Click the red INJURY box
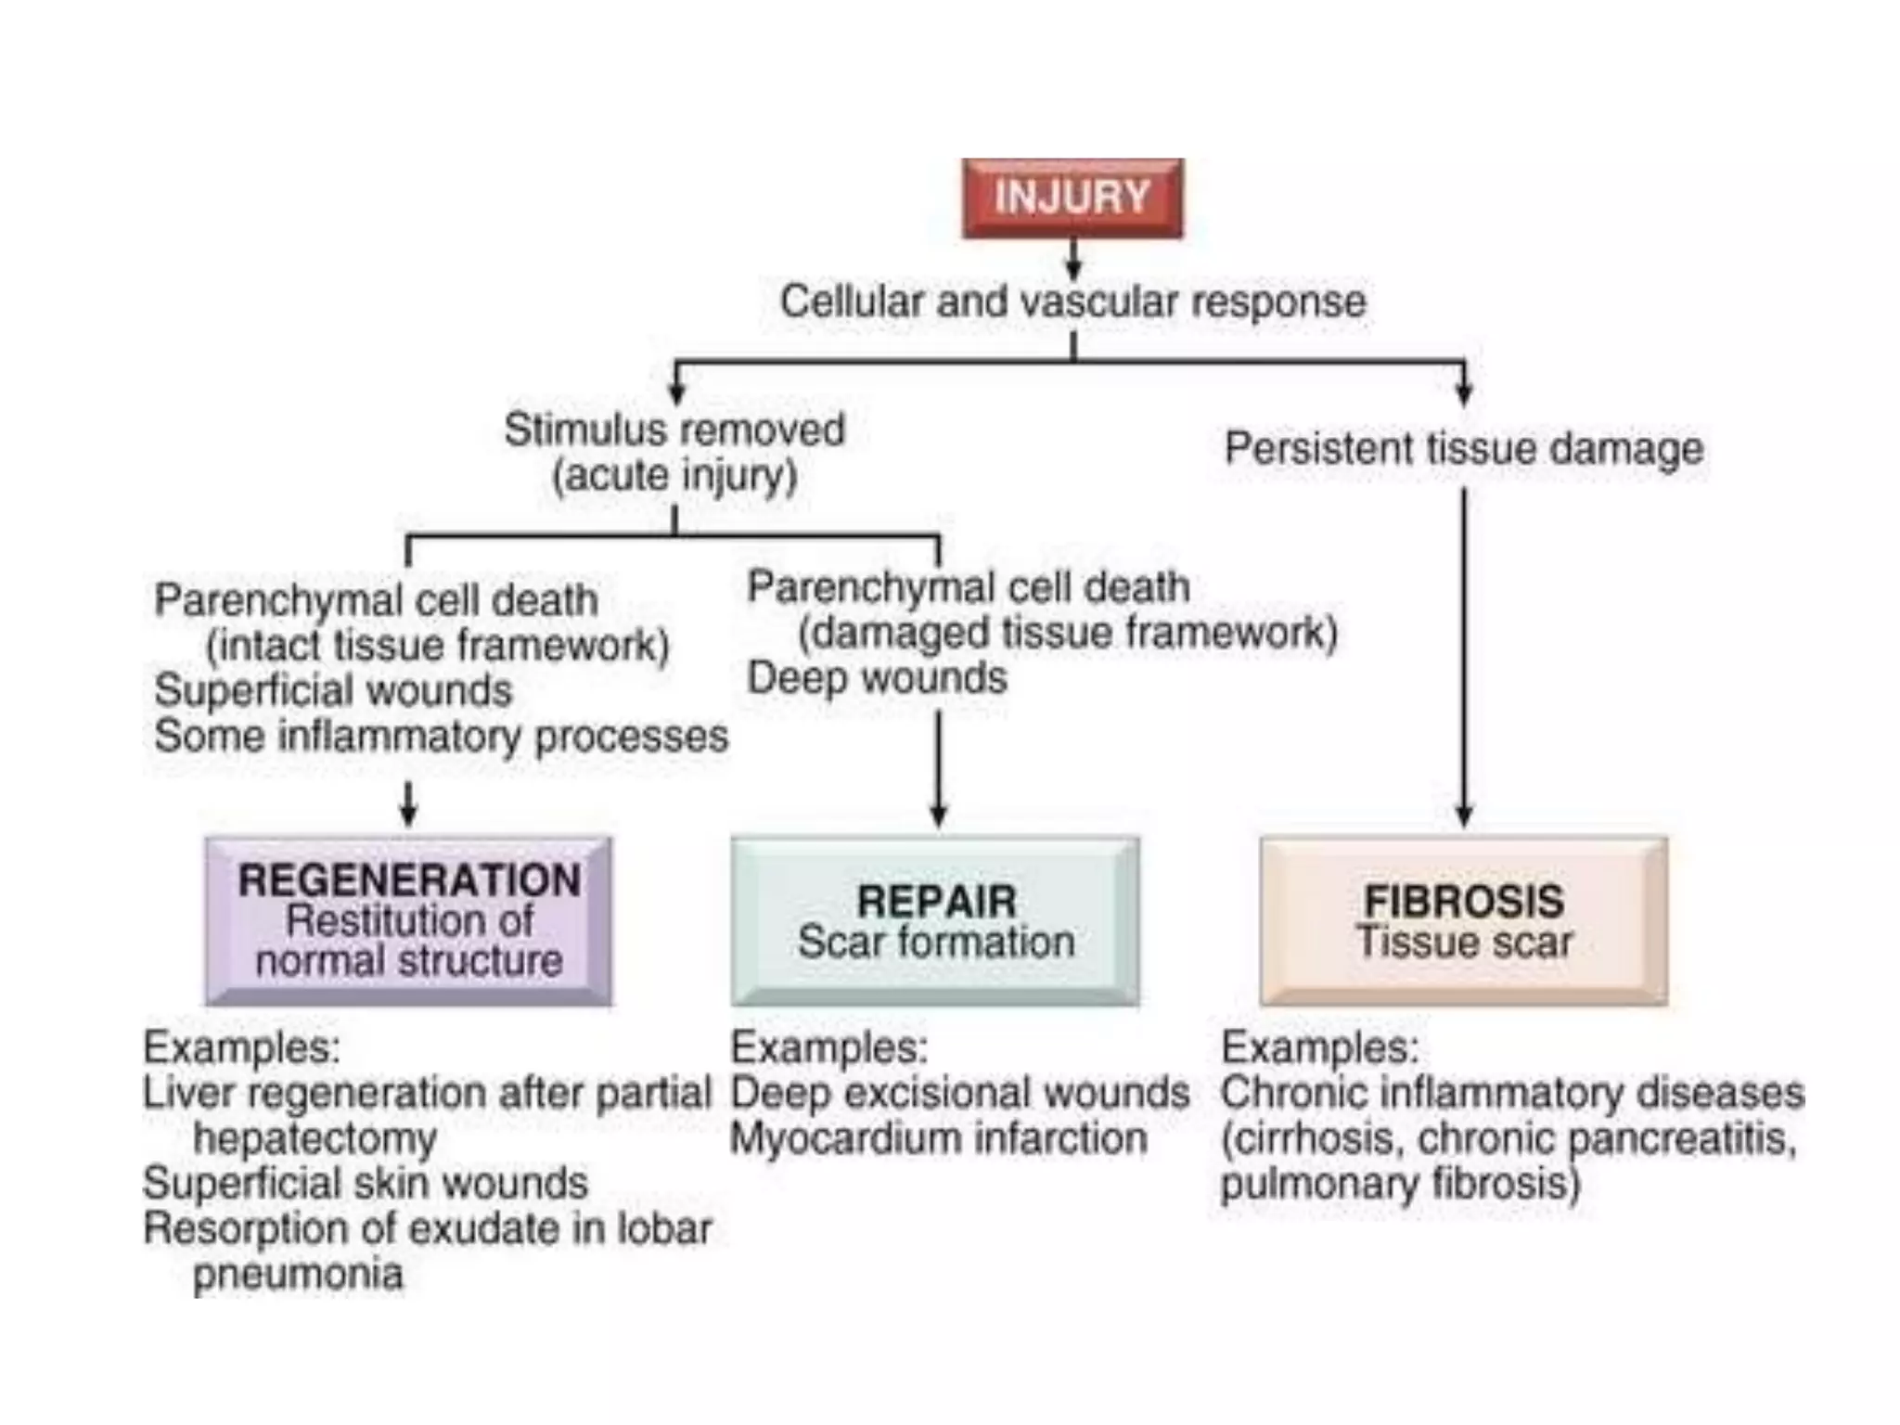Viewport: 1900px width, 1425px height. pos(1072,198)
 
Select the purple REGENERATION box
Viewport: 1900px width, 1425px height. pos(408,920)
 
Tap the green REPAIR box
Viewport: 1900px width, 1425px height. pos(935,920)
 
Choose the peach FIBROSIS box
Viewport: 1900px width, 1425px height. pos(1463,920)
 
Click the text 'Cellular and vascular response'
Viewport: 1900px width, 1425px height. pos(1072,302)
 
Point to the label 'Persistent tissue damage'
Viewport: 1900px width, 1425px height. pos(1463,448)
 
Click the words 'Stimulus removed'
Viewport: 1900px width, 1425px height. pos(674,430)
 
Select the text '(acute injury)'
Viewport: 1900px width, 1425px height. pos(674,476)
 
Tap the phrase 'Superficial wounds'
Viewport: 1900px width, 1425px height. pos(333,690)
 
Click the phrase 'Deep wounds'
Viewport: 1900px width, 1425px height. pos(877,678)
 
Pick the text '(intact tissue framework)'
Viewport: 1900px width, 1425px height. pos(437,646)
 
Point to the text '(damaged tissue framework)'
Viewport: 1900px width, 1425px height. pos(1068,633)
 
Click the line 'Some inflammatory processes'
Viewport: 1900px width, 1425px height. pos(441,737)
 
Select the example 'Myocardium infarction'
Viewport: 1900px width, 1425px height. pos(938,1138)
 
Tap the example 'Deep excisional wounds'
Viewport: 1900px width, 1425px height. pos(959,1093)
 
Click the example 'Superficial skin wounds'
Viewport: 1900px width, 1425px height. pos(366,1184)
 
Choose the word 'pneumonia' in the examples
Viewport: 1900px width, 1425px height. pos(298,1274)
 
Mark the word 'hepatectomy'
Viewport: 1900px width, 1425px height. pos(315,1138)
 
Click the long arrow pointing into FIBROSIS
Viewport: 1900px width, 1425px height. pos(1464,659)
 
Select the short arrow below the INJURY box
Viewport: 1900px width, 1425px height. pos(1073,260)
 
